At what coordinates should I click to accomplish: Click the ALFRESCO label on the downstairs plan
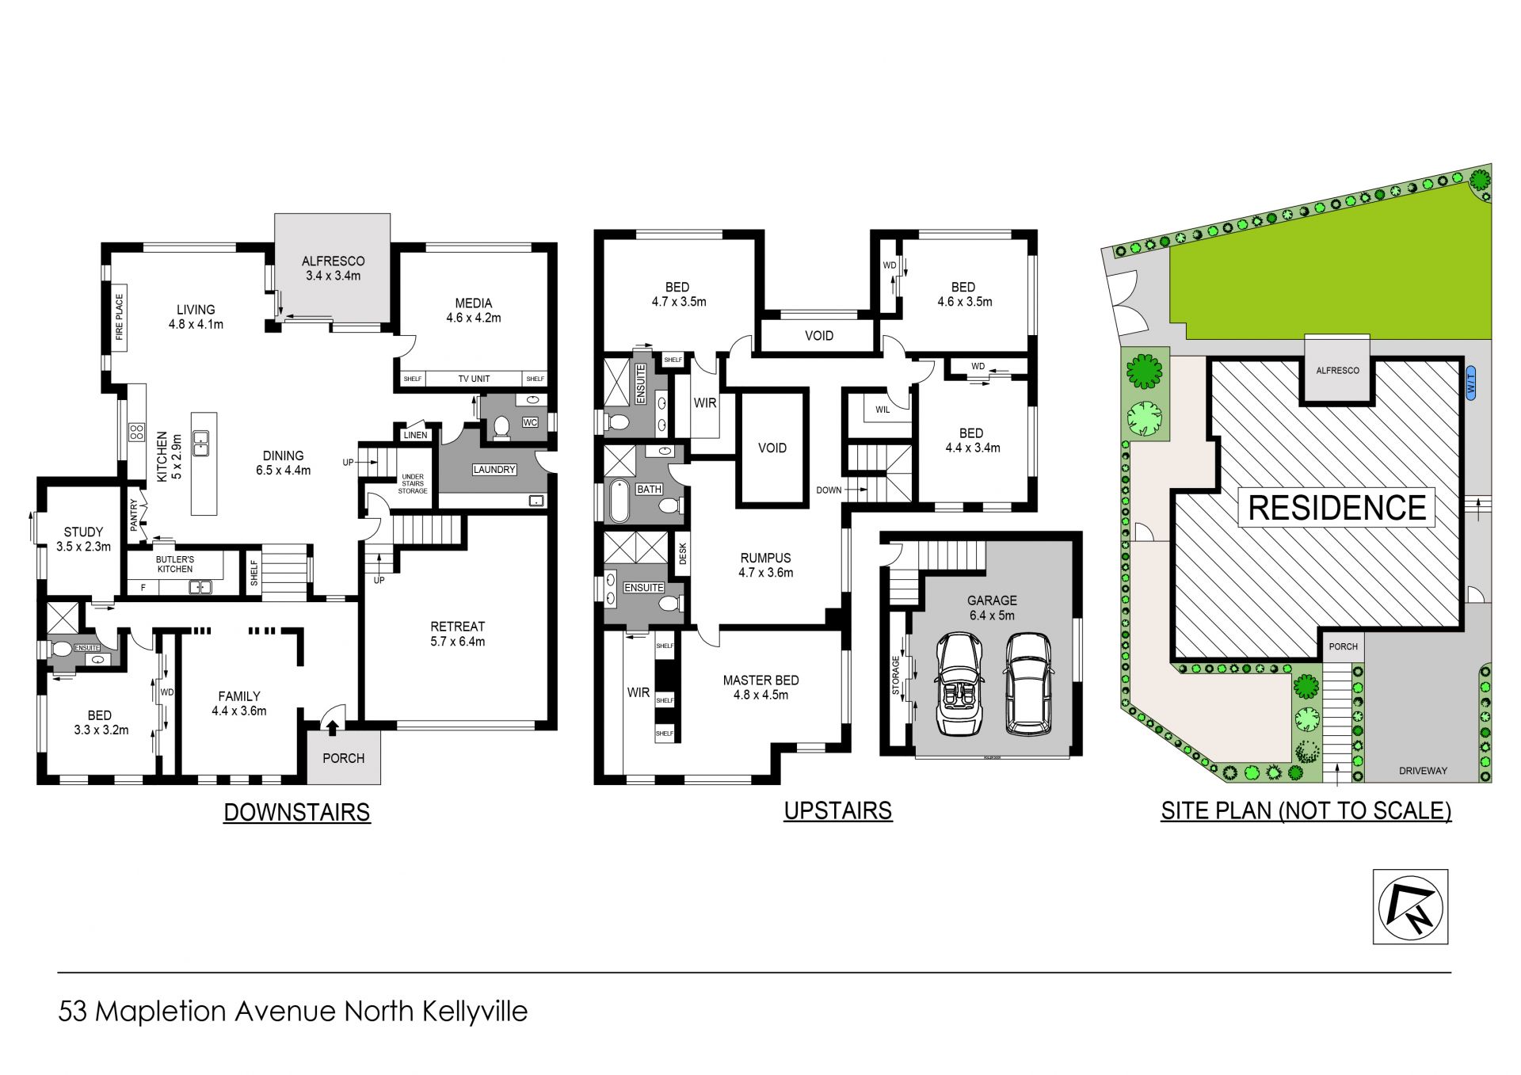tap(333, 261)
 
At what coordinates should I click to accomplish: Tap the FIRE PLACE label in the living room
tap(120, 318)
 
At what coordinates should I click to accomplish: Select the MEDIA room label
tap(474, 303)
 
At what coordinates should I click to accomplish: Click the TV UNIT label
tap(474, 379)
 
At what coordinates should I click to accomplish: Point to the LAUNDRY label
tap(494, 470)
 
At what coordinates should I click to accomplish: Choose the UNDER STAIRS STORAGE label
tap(413, 484)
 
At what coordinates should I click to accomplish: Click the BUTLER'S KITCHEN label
tap(175, 564)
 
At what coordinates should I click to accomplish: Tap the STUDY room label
tap(83, 532)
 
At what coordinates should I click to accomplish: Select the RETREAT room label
tap(458, 627)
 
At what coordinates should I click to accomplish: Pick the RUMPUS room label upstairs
tap(765, 558)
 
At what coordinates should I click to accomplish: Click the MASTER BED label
tap(760, 680)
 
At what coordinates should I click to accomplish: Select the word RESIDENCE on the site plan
tap(1337, 508)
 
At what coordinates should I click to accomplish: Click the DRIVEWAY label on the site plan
tap(1423, 770)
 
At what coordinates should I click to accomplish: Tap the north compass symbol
tap(1410, 907)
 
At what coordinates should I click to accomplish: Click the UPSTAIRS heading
tap(838, 811)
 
